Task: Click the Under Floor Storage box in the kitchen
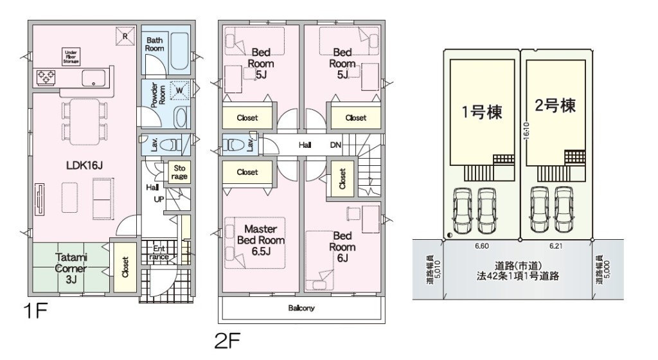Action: pyautogui.click(x=71, y=57)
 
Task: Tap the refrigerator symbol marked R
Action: pyautogui.click(x=125, y=35)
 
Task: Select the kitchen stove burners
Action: pyautogui.click(x=46, y=76)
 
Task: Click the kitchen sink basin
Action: pyautogui.click(x=93, y=78)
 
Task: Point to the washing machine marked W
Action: pyautogui.click(x=179, y=90)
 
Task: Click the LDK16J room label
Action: pyautogui.click(x=85, y=165)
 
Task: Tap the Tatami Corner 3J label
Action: pyautogui.click(x=71, y=268)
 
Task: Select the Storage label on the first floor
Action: pyautogui.click(x=179, y=172)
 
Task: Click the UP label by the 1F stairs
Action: pyautogui.click(x=159, y=199)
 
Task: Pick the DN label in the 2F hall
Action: pyautogui.click(x=335, y=145)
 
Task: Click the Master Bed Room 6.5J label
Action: pyautogui.click(x=261, y=240)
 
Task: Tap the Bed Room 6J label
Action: pyautogui.click(x=342, y=247)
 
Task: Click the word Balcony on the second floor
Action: pyautogui.click(x=301, y=308)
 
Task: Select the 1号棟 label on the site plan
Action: pyautogui.click(x=482, y=112)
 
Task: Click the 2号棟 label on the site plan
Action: pyautogui.click(x=555, y=105)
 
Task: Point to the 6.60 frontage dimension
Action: pyautogui.click(x=482, y=246)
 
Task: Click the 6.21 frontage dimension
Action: pyautogui.click(x=556, y=246)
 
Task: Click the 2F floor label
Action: pyautogui.click(x=227, y=341)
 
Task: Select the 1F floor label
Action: pyautogui.click(x=35, y=311)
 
